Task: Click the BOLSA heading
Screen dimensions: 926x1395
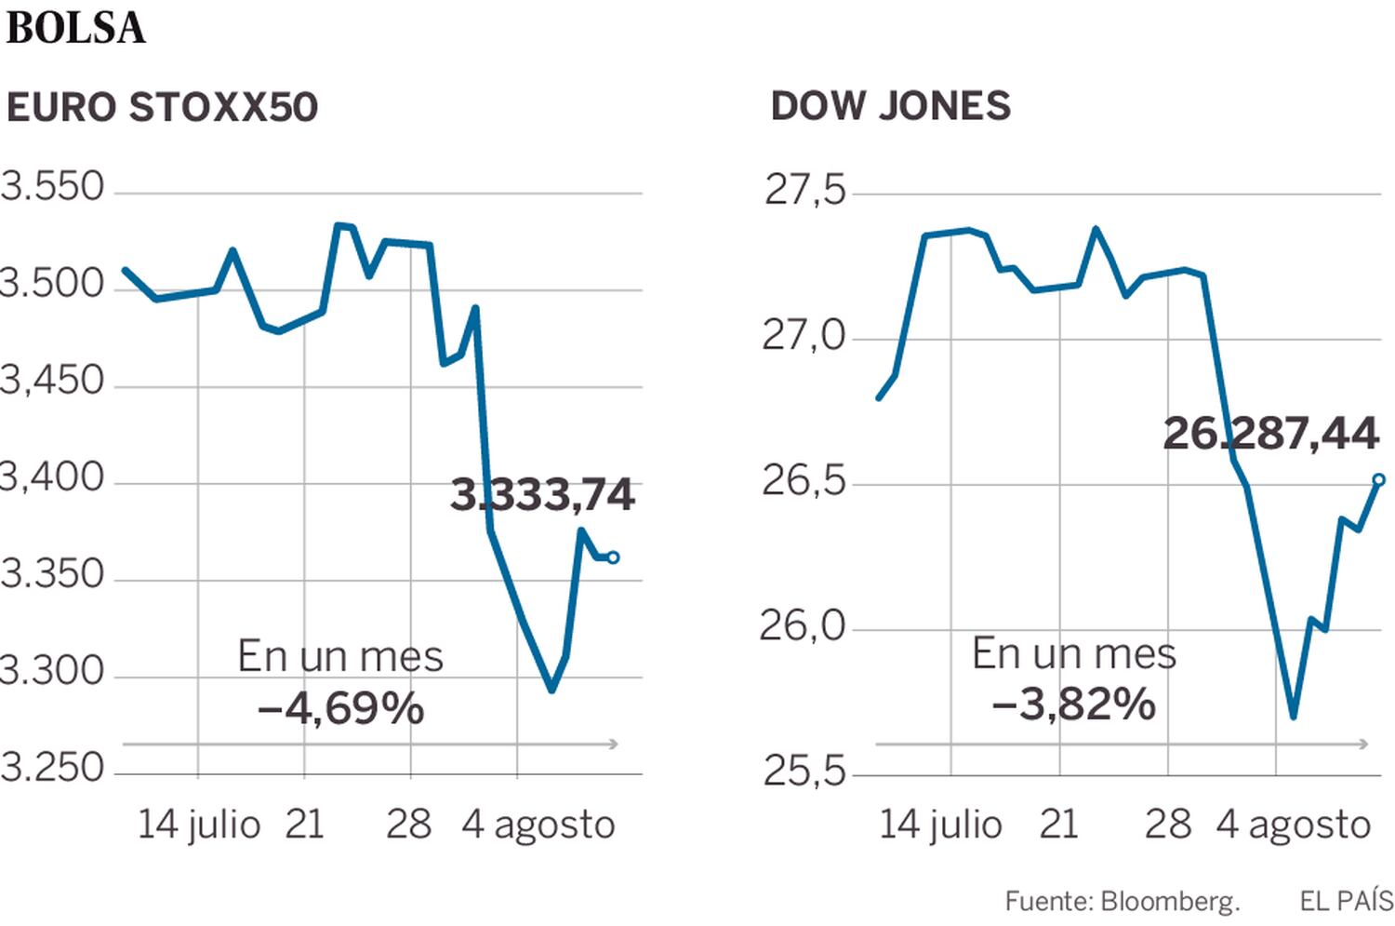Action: [x=75, y=28]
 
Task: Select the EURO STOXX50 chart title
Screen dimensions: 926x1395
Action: [x=162, y=108]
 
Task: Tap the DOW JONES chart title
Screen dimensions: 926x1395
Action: [x=890, y=106]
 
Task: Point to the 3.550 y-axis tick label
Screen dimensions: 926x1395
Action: [x=53, y=187]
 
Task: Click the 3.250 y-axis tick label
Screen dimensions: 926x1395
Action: [x=53, y=768]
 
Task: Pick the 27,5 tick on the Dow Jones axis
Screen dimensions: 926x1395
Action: [x=805, y=190]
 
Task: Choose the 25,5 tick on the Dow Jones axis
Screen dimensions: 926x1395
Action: [x=805, y=771]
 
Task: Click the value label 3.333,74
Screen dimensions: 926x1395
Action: [x=542, y=494]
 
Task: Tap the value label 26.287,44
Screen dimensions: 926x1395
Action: [x=1270, y=434]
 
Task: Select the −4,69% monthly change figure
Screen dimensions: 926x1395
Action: [x=340, y=709]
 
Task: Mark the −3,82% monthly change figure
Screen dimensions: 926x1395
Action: [x=1073, y=705]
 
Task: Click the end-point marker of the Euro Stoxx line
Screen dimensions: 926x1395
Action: [x=613, y=557]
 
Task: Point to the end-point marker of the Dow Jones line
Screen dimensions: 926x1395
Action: [x=1378, y=480]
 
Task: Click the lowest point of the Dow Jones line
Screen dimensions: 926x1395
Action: [x=1293, y=717]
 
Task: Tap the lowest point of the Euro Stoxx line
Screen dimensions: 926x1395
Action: [x=551, y=691]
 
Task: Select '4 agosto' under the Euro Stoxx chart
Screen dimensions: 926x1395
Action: [x=538, y=825]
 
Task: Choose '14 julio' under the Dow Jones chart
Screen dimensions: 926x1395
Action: [x=940, y=825]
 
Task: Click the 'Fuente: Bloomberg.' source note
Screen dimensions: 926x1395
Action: [x=1122, y=901]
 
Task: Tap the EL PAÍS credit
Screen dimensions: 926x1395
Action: [x=1346, y=901]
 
